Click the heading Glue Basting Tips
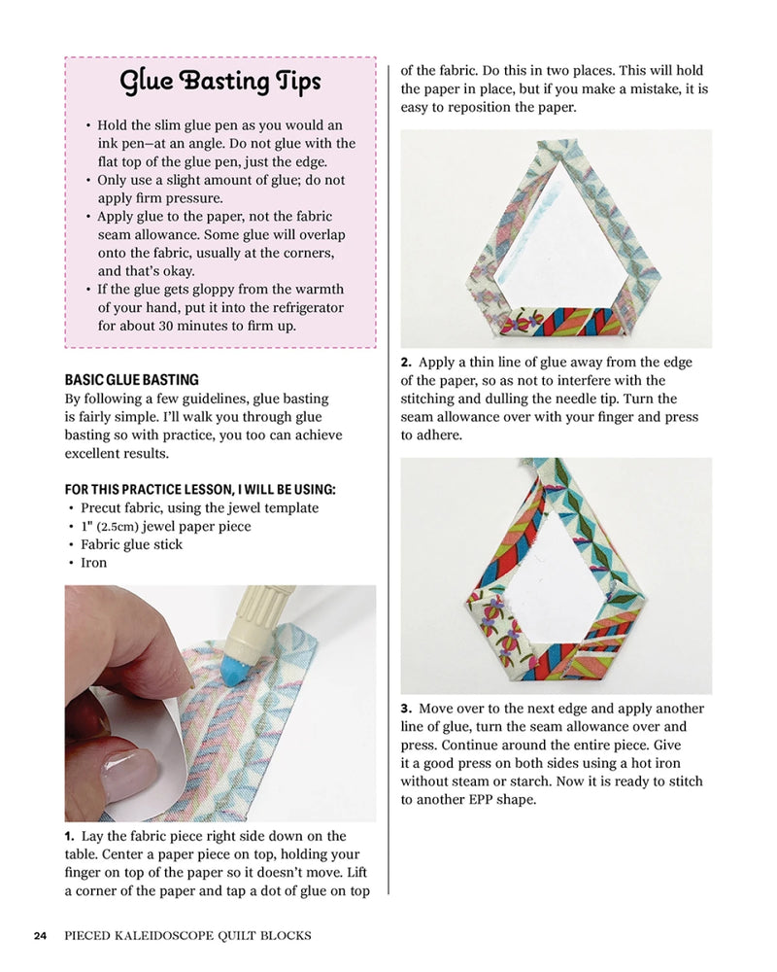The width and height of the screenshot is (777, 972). tap(220, 84)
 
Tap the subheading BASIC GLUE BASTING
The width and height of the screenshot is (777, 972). tap(131, 380)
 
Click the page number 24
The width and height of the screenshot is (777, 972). tap(40, 936)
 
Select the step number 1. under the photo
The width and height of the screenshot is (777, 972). tap(70, 836)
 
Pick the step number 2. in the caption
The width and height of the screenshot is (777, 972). tap(407, 363)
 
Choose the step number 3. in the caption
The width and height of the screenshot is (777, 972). tap(407, 709)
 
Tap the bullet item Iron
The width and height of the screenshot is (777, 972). tap(94, 563)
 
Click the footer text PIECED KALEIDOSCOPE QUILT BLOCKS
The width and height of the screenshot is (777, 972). tap(187, 936)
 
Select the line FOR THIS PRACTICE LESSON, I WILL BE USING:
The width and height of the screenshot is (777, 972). tap(200, 489)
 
